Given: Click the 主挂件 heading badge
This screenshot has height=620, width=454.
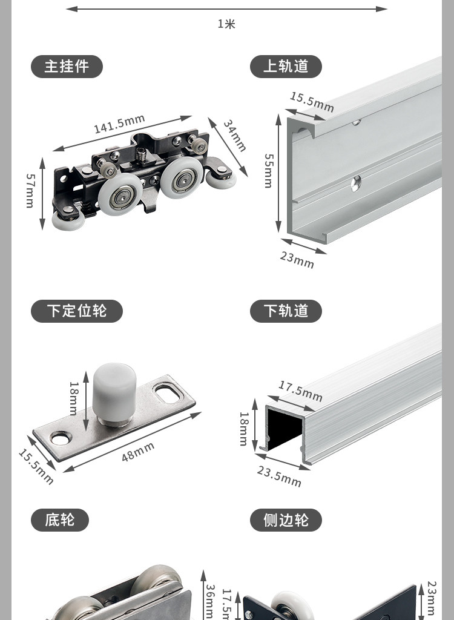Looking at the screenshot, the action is pos(67,67).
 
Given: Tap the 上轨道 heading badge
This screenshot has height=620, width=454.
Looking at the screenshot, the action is pos(286,67).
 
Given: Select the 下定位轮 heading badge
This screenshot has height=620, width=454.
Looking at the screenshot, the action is pos(76,311).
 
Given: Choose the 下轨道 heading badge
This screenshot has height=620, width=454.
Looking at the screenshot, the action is pos(286,311).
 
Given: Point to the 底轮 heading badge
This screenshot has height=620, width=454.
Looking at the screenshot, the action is pos(59,520).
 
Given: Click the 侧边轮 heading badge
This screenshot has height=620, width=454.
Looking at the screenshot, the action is pos(286,520).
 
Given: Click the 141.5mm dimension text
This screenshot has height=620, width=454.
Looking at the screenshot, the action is pos(119,124).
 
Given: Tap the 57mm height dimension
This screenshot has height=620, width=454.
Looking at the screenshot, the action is pos(30,191).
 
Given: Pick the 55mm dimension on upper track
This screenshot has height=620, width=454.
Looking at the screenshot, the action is pos(268,170).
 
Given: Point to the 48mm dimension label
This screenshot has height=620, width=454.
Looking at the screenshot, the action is pos(138,452).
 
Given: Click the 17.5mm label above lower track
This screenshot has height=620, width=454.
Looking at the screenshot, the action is pos(300,391).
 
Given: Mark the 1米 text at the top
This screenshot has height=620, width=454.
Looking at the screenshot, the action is pos(226,24).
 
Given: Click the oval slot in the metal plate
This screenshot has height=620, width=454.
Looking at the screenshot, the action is pos(169,395).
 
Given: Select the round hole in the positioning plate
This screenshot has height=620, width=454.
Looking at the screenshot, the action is pos(60,437).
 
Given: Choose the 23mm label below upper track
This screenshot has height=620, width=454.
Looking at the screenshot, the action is pos(297,259).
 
